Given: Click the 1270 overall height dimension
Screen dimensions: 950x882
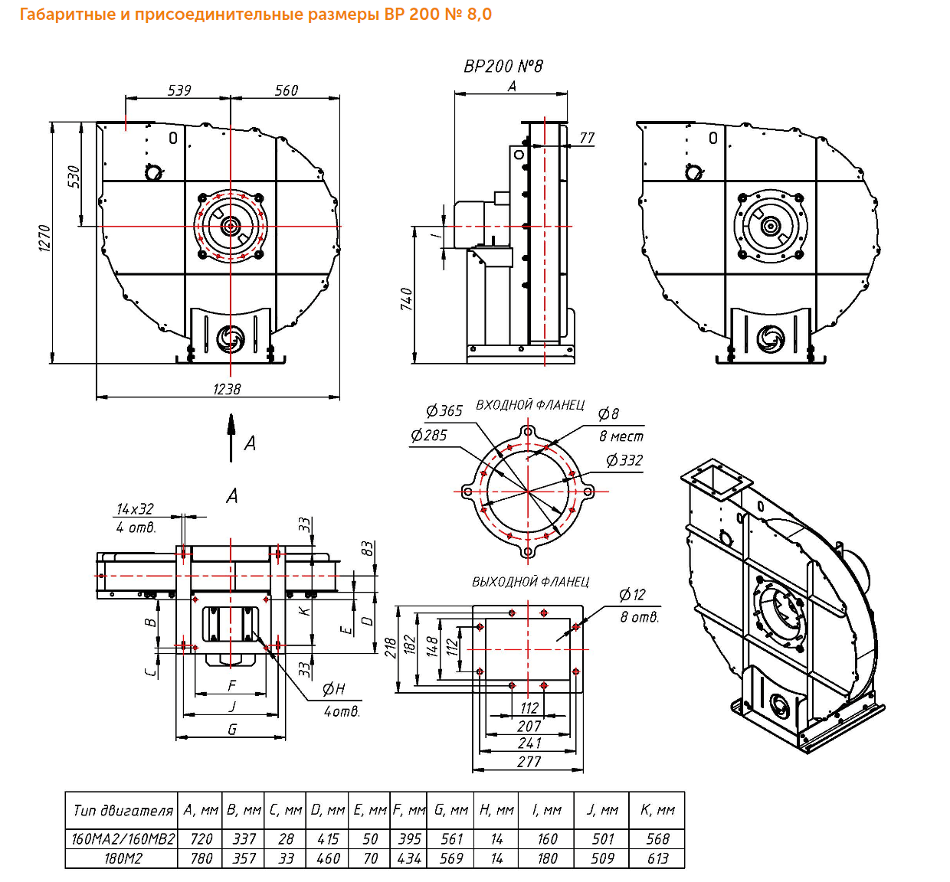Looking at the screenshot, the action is [44, 239].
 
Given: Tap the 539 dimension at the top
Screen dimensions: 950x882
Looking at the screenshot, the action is [179, 90].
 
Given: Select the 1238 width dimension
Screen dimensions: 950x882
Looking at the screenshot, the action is [227, 389].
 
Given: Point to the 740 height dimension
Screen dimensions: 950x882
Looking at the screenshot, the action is [407, 299].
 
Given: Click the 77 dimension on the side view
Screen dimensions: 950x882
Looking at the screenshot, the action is [587, 138].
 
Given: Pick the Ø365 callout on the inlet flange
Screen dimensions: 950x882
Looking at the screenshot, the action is [444, 410].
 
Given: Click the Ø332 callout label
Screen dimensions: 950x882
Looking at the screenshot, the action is [624, 460].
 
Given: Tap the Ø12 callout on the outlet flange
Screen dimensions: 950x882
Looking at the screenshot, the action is [632, 595].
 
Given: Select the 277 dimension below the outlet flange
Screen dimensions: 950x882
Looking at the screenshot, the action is [529, 762].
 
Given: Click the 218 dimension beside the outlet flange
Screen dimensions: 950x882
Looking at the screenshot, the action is [391, 648].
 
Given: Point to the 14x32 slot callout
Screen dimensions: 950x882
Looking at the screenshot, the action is [135, 509].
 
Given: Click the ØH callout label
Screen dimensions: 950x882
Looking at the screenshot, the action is [333, 689].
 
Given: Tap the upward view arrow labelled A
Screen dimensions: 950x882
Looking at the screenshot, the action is [231, 438].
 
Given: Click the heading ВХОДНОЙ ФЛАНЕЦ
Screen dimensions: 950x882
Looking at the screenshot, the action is [530, 405].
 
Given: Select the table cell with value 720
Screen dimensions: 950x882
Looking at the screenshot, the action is [201, 838].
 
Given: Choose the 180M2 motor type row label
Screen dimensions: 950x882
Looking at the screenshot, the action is [123, 858].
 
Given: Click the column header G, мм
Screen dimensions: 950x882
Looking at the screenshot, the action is [450, 810].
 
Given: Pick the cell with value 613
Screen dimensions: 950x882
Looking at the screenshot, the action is [657, 858].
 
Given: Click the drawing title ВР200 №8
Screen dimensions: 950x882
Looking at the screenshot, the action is [503, 67].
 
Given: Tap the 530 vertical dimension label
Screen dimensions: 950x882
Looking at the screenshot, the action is [74, 177].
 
